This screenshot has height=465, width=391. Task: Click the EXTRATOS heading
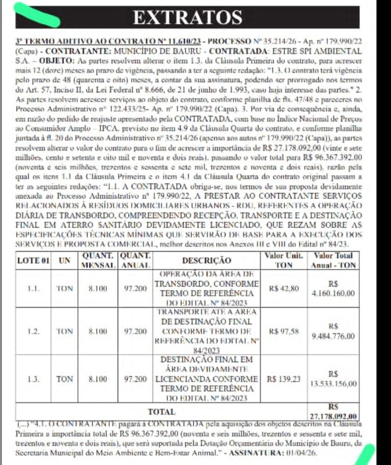187,17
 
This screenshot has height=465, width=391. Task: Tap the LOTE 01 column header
33,260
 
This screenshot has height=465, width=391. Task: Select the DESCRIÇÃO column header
206,260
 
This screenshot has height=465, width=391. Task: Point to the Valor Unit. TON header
283,260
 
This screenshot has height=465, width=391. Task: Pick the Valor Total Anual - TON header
334,260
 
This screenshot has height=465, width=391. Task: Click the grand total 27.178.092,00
334,415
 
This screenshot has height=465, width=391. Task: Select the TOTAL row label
161,412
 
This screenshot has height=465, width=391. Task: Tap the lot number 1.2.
33,331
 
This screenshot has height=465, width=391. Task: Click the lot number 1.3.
33,379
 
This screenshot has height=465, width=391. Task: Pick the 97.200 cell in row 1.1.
135,288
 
